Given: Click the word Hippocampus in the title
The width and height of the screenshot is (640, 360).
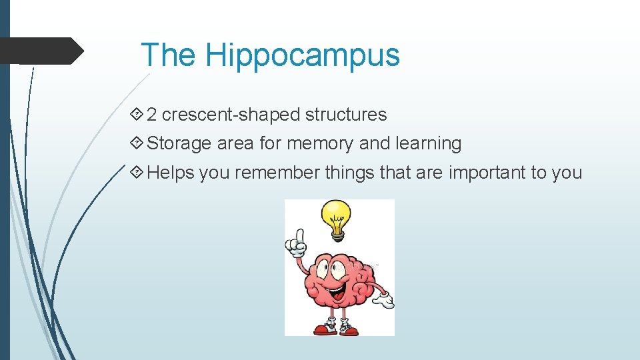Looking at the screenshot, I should [303, 55].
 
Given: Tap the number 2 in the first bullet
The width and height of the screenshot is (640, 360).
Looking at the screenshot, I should [151, 115].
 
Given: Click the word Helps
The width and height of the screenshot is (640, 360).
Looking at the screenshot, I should [171, 173].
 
